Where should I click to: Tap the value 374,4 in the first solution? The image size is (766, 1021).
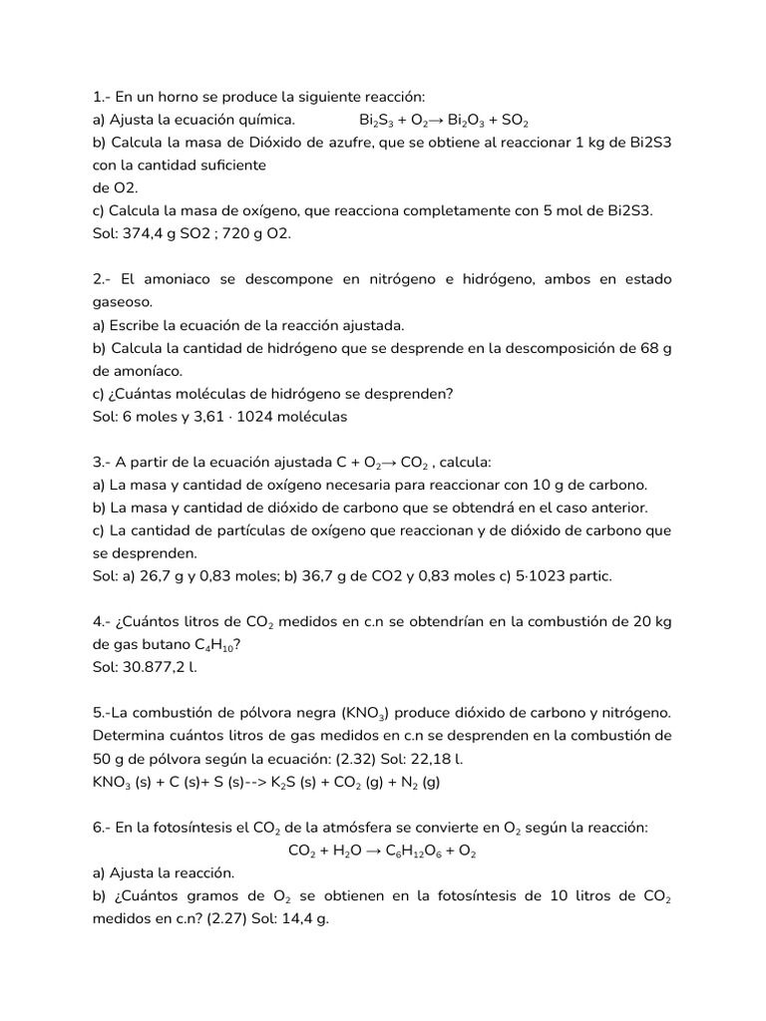coord(145,233)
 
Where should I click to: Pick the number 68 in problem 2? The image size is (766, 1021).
coord(651,348)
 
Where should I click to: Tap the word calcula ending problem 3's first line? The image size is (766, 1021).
coord(466,463)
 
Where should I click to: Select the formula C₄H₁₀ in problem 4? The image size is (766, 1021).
coord(212,645)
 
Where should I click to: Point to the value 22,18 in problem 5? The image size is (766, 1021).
coord(414,759)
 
